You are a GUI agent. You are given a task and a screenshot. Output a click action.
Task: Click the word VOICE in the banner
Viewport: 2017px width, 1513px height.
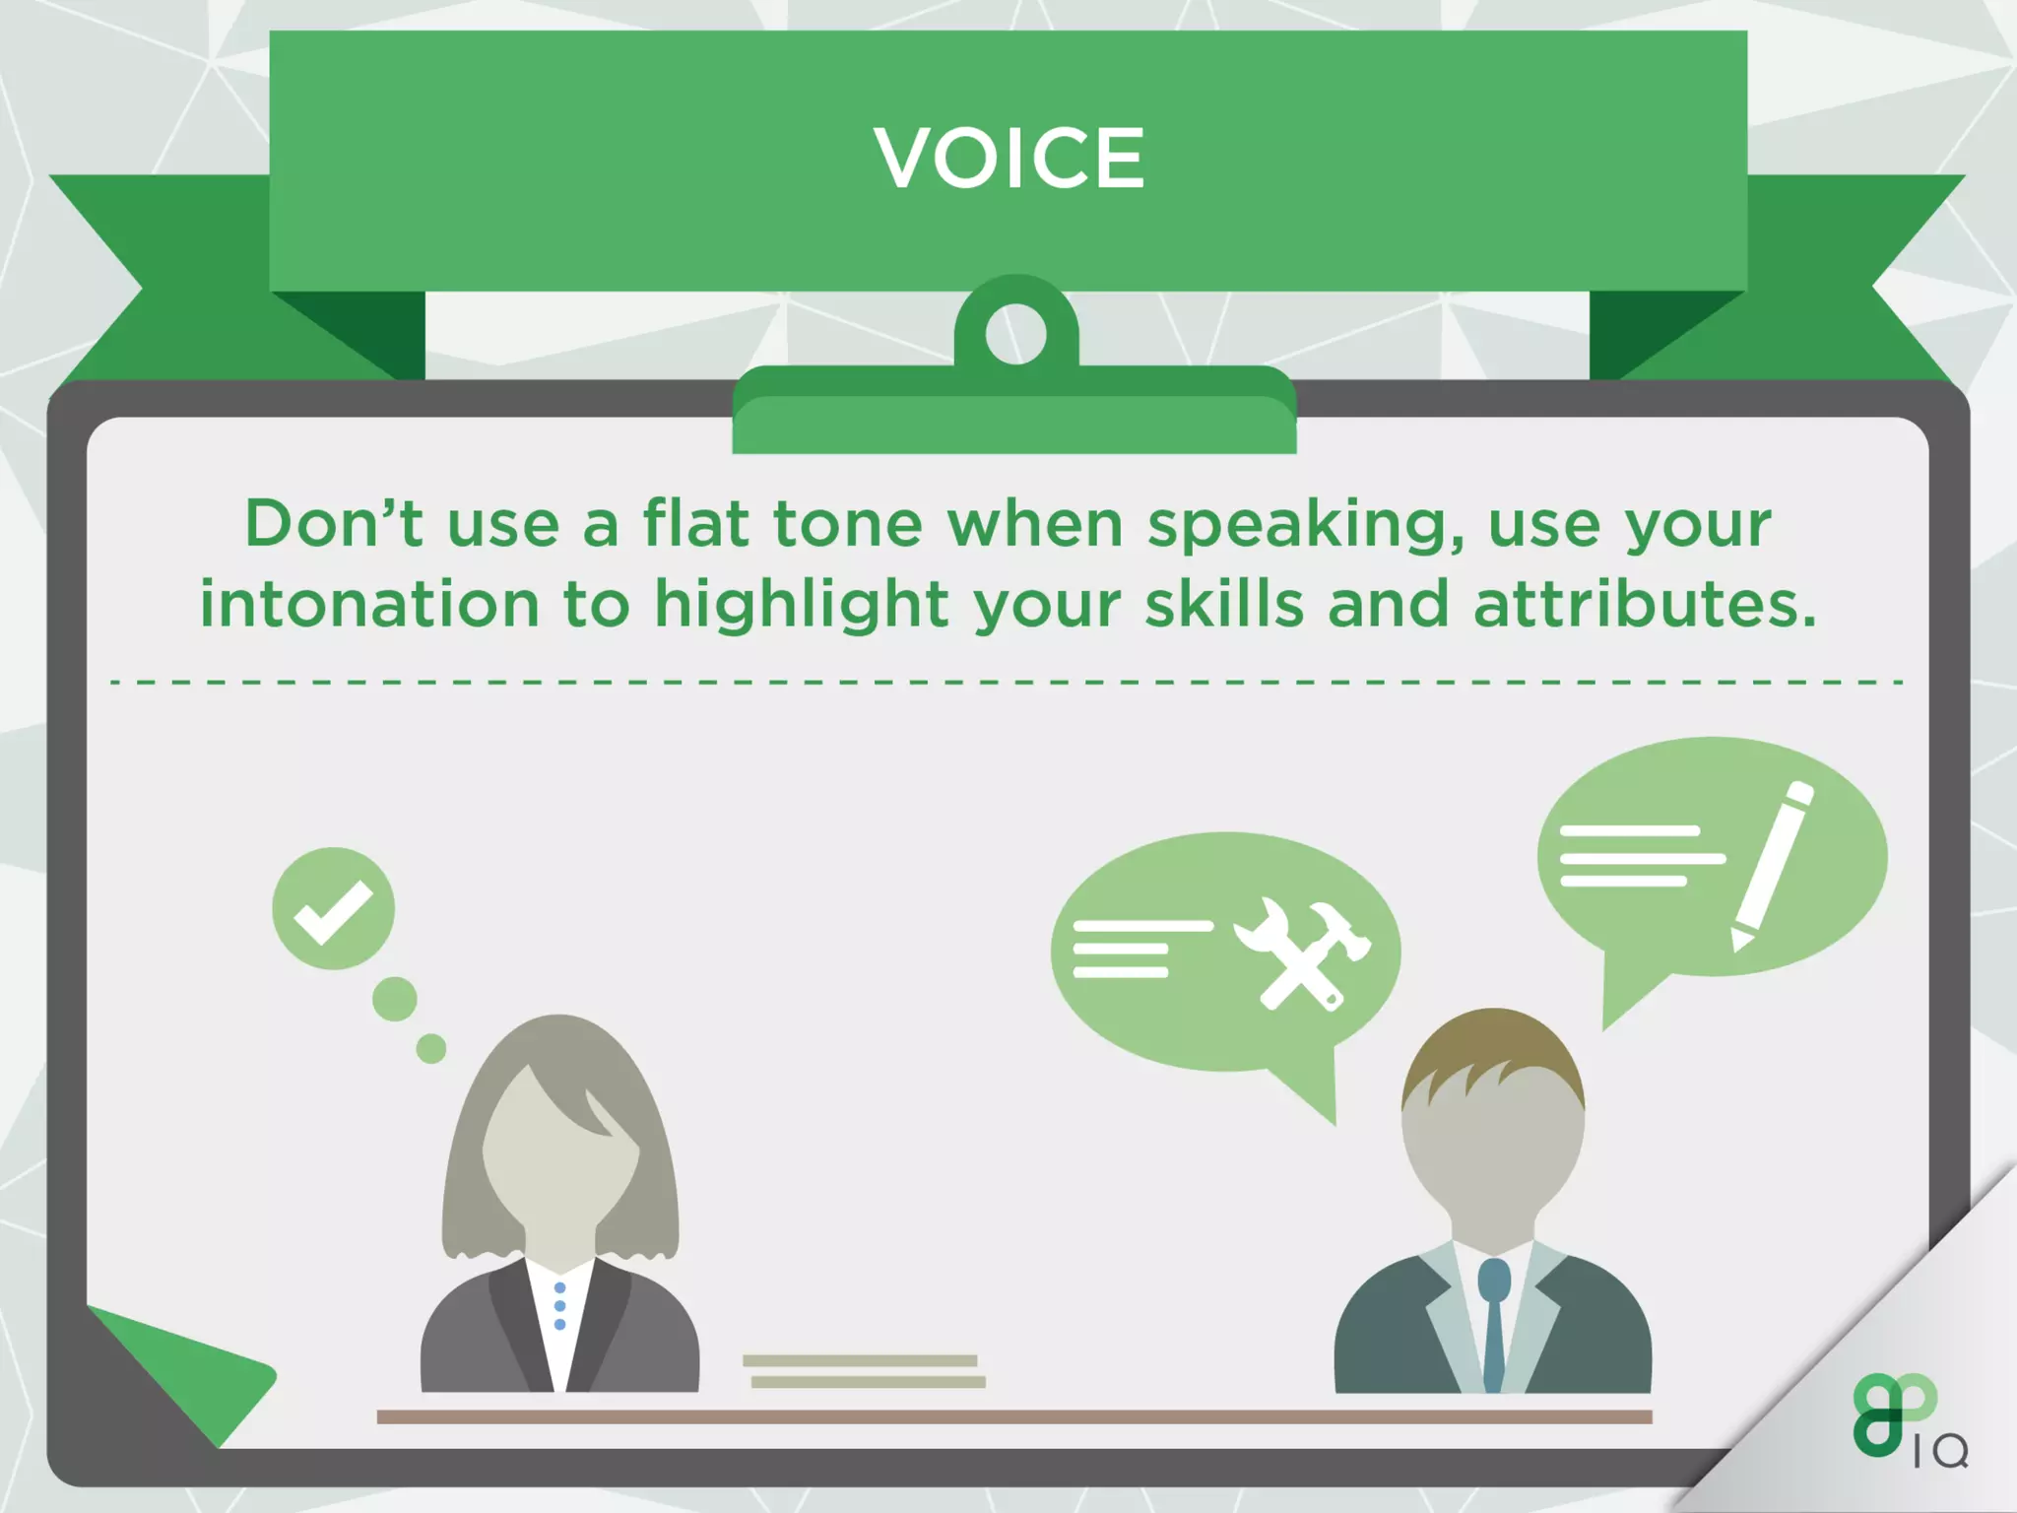coord(1009,158)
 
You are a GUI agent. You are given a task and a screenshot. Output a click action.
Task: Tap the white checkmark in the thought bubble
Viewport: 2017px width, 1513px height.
coord(333,910)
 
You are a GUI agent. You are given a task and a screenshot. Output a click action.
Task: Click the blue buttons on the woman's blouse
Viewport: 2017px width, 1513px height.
coord(559,1306)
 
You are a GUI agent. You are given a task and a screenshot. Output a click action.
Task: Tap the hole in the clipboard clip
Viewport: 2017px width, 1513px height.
coord(1015,334)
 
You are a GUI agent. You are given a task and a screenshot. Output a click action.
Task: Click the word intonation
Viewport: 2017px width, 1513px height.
coord(369,604)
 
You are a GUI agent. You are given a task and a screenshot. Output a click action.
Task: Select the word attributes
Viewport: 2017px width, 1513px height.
coord(1645,604)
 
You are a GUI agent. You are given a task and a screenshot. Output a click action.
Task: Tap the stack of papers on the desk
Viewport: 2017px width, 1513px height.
coord(864,1371)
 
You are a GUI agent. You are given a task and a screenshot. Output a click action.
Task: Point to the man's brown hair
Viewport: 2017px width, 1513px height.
coord(1492,1059)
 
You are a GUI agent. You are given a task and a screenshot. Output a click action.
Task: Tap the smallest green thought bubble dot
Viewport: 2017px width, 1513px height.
coord(431,1048)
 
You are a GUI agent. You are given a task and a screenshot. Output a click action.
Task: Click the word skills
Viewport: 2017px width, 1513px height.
coord(1224,604)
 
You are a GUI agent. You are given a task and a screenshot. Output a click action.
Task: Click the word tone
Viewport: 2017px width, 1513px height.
coord(847,523)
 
